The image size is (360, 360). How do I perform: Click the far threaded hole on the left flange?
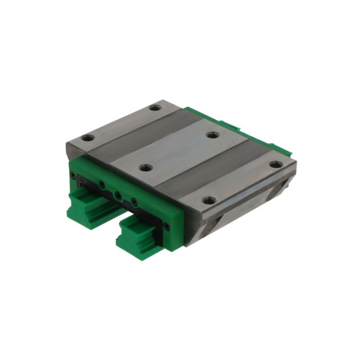pyautogui.click(x=155, y=108)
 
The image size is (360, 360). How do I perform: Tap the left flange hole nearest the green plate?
pyautogui.click(x=88, y=138)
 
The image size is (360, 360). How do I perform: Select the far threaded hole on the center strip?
pyautogui.click(x=213, y=135)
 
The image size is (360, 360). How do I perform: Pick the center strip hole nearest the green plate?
pyautogui.click(x=146, y=168)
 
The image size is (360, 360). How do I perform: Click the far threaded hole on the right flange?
pyautogui.click(x=276, y=165)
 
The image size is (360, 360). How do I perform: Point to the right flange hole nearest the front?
pyautogui.click(x=208, y=200)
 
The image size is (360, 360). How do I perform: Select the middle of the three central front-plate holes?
pyautogui.click(x=118, y=195)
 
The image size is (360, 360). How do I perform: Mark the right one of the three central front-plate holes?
pyautogui.click(x=135, y=202)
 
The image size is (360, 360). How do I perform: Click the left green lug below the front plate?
pyautogui.click(x=87, y=206)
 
